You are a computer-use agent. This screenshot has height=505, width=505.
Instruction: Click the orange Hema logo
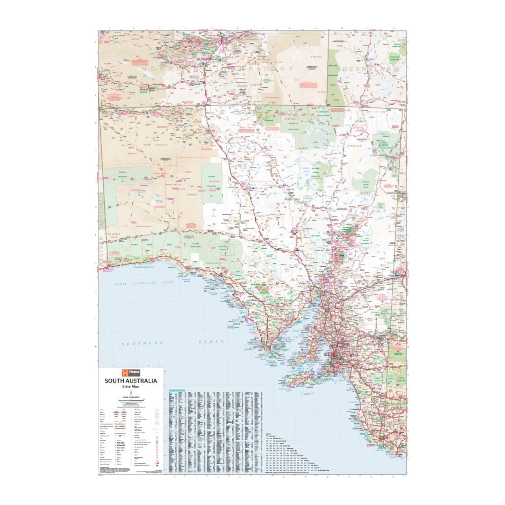[x=131, y=372]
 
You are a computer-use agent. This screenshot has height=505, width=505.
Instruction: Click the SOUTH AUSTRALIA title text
[x=131, y=381]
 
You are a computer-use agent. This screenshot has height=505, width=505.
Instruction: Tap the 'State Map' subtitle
[x=131, y=387]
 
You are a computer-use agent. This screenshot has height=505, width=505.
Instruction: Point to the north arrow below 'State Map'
[x=131, y=392]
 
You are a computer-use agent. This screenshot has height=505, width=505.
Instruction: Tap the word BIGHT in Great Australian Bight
[x=168, y=282]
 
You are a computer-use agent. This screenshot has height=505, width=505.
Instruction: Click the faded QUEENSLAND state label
[x=366, y=68]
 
